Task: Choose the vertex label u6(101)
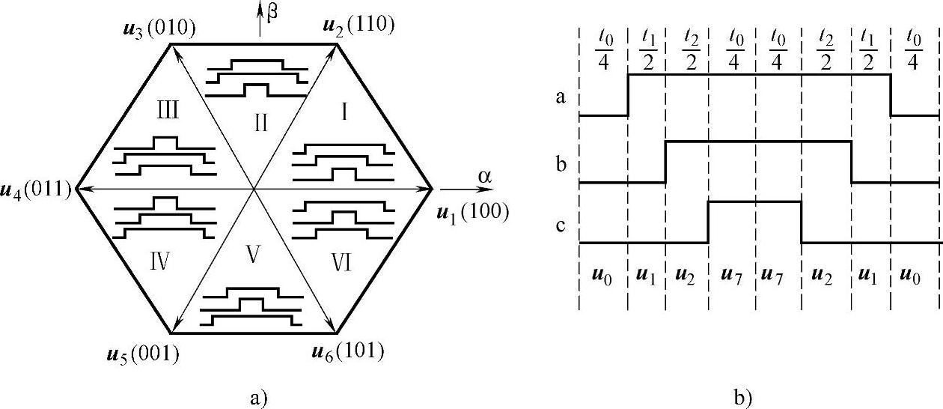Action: pyautogui.click(x=347, y=351)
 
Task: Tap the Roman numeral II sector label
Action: pyautogui.click(x=260, y=122)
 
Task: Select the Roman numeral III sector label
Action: pyautogui.click(x=167, y=112)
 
